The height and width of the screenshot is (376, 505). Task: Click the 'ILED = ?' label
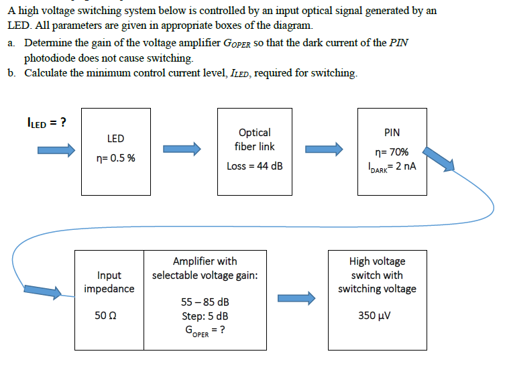[46, 122]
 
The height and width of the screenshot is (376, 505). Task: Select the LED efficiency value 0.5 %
[115, 159]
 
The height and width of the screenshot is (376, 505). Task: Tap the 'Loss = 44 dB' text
[254, 166]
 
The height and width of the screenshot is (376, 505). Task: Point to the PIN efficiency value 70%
[392, 152]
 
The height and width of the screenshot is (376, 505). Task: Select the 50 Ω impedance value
[109, 314]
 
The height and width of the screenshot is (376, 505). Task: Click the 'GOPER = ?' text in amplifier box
[205, 330]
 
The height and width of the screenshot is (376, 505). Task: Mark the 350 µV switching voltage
[376, 314]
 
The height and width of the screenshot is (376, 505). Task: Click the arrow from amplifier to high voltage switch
[296, 298]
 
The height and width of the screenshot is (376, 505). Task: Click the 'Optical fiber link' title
[254, 139]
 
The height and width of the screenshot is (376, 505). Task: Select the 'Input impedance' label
[109, 281]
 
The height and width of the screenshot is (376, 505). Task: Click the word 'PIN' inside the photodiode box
[392, 133]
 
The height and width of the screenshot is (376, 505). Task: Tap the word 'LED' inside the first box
[115, 139]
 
